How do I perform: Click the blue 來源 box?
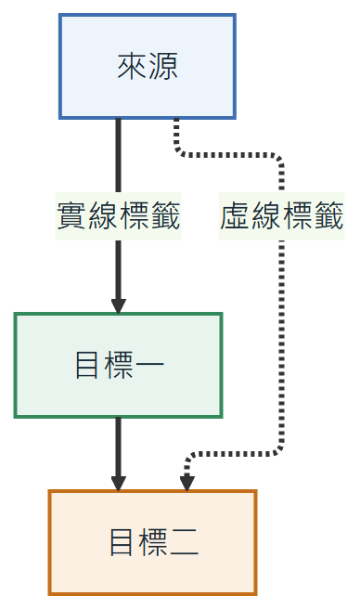148,66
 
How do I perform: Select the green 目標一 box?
118,365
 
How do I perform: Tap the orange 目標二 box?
152,542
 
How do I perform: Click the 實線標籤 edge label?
119,216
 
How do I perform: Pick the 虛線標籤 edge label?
281,216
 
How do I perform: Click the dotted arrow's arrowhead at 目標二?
186,483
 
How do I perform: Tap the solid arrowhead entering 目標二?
119,483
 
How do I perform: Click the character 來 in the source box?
132,66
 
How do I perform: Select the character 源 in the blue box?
162,66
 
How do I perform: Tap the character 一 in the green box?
149,365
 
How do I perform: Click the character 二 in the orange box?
184,542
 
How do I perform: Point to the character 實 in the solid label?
71,216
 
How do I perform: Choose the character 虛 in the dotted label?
235,216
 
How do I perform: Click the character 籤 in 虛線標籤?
328,216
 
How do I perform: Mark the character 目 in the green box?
86,365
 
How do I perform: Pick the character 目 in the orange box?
122,542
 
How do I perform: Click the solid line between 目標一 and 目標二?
119,450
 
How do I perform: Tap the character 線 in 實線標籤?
103,216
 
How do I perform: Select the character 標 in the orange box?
152,542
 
